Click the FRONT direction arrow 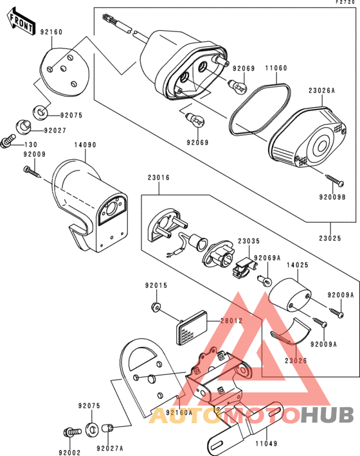tap(21, 22)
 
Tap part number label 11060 tap(276, 68)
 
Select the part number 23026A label tap(322, 91)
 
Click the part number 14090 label tap(85, 145)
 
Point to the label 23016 tap(159, 177)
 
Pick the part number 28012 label tap(231, 320)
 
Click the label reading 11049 tap(267, 444)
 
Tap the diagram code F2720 tap(345, 2)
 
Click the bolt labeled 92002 tap(72, 432)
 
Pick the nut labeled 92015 tap(156, 307)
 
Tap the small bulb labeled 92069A tap(265, 281)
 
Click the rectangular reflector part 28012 tap(192, 328)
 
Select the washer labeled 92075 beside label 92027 tap(40, 112)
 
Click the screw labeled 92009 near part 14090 tap(32, 172)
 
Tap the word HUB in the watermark tap(327, 416)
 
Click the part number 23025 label tap(330, 238)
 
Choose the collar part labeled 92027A tap(108, 428)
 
